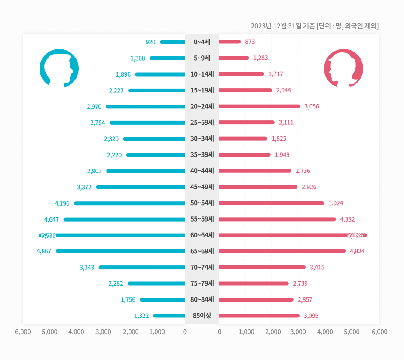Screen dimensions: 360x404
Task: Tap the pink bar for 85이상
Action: [x=259, y=316]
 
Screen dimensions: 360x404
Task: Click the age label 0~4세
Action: [x=202, y=42]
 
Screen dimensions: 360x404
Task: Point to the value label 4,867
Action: [x=44, y=251]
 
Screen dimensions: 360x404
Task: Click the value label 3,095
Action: [x=311, y=316]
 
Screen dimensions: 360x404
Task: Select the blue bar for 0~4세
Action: [x=172, y=42]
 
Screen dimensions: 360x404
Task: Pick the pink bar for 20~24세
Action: [x=260, y=106]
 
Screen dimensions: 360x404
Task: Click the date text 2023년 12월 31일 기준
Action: [x=282, y=26]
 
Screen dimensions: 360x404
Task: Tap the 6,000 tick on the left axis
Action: [x=23, y=332]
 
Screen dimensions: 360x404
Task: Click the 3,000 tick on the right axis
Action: [x=298, y=332]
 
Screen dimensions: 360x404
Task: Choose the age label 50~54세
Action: [x=202, y=203]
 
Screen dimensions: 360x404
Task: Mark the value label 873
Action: [x=250, y=42]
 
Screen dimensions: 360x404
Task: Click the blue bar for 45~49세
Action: [x=141, y=187]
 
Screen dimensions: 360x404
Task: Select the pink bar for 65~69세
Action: [x=282, y=251]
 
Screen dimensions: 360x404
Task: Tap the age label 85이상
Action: [x=202, y=316]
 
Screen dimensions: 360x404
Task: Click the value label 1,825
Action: [x=279, y=138]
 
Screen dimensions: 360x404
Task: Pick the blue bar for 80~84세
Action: [x=162, y=299]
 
